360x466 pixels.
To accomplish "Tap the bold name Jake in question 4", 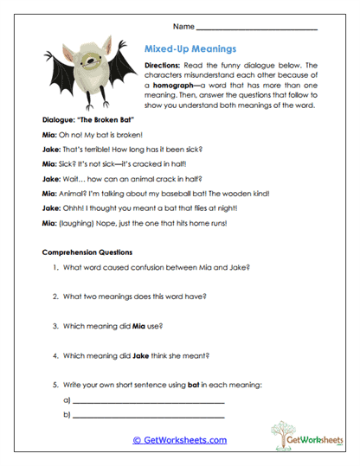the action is (138, 355).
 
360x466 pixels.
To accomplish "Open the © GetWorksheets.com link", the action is (180, 439).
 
